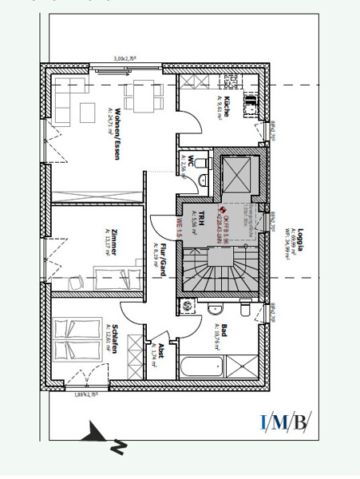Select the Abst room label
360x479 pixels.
(x=160, y=349)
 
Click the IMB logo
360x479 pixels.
(x=285, y=421)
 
